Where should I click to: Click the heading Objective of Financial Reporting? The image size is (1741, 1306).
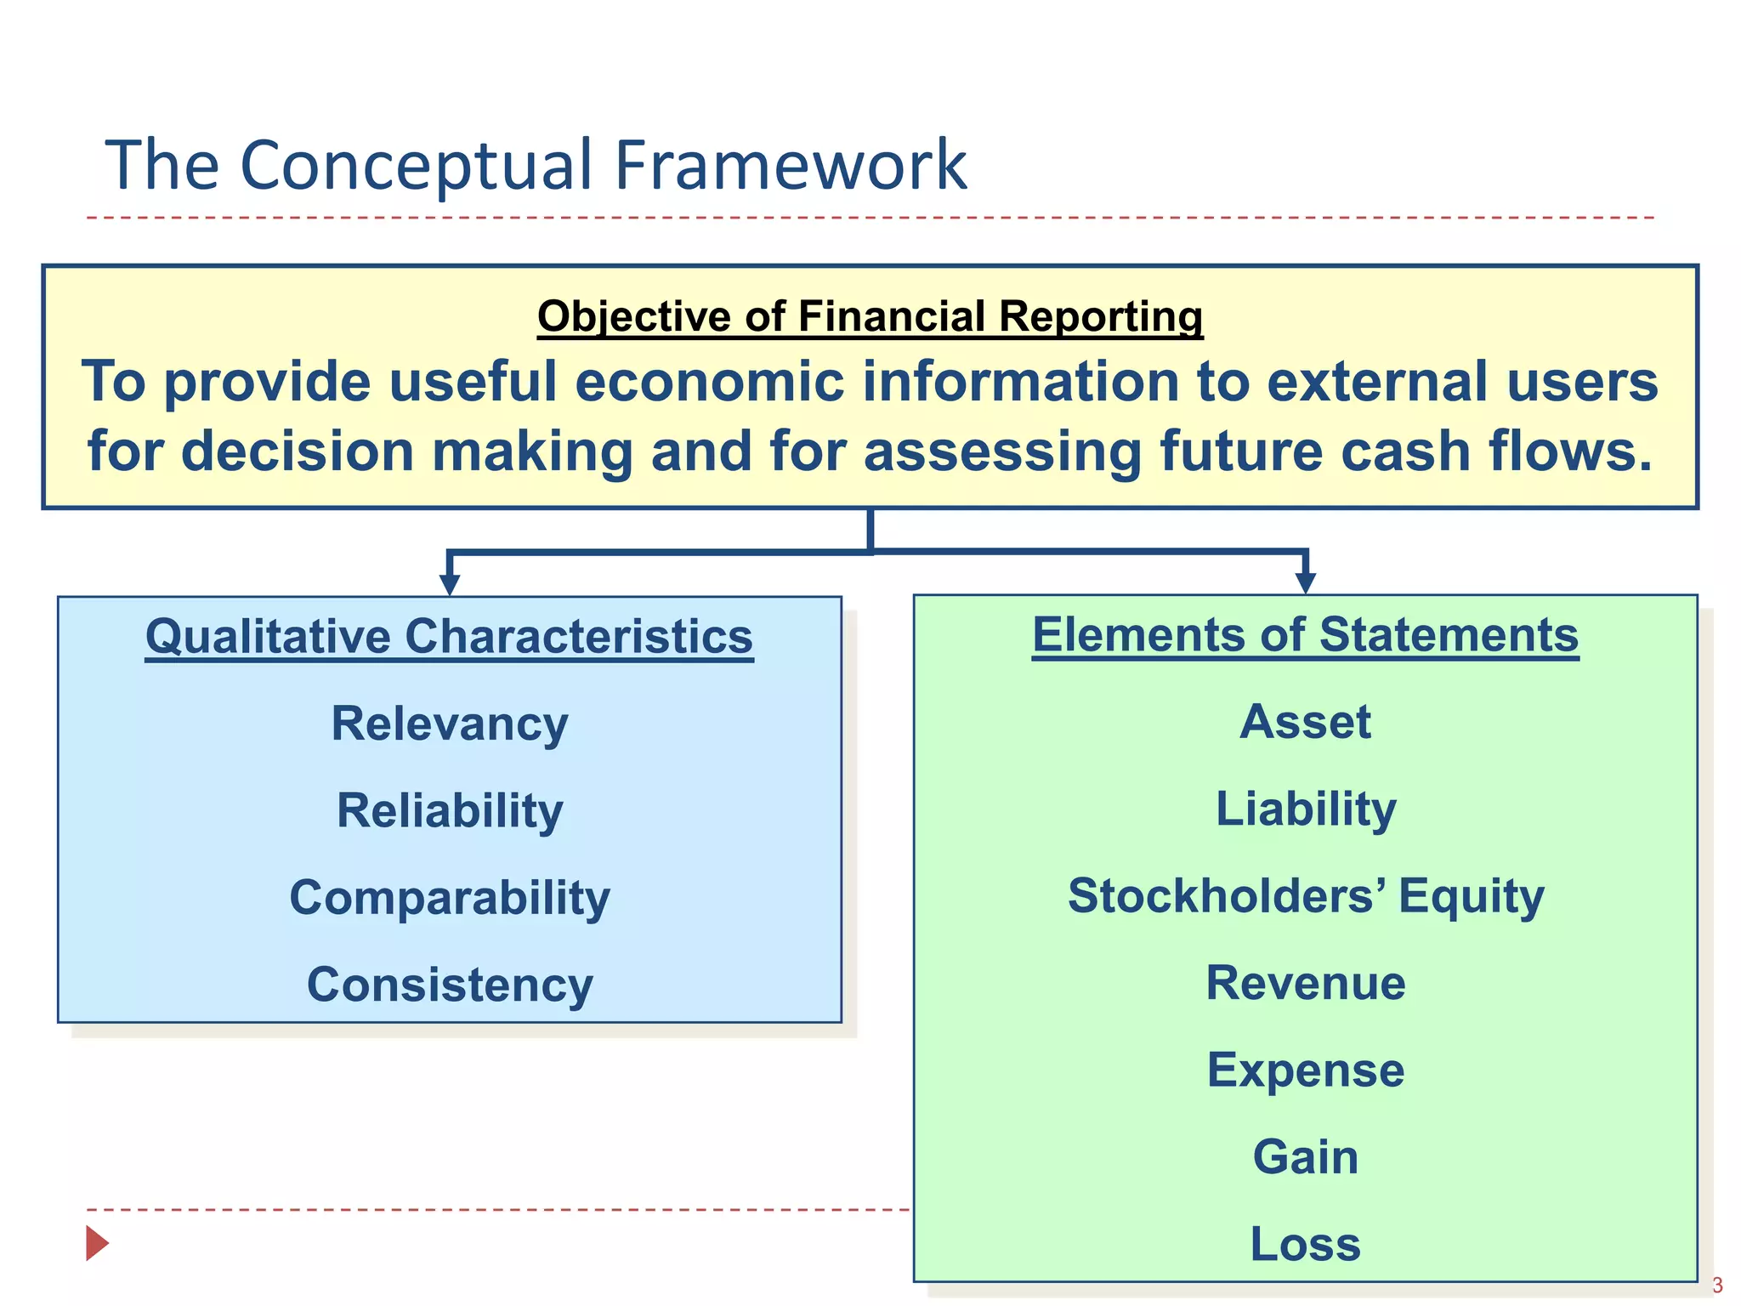pos(870,316)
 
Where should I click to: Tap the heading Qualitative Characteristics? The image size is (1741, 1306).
pos(449,636)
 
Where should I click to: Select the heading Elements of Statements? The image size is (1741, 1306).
pos(1305,634)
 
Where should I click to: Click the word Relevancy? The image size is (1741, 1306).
pos(449,724)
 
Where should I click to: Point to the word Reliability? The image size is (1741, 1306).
pos(449,810)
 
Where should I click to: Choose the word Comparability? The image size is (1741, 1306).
pos(449,898)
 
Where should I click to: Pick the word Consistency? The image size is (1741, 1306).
pos(449,985)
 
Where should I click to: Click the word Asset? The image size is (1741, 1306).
pos(1305,722)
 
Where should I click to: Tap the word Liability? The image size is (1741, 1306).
pos(1305,809)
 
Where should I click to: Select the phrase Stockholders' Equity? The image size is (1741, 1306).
pos(1305,896)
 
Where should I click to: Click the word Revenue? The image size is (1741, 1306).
pos(1305,983)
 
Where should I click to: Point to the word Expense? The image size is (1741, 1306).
pos(1305,1070)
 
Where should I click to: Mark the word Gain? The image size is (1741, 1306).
pos(1305,1157)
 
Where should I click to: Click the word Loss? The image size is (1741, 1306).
pos(1305,1244)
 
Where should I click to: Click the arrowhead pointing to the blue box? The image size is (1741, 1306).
pos(450,584)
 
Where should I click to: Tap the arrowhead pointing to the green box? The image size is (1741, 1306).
pos(1306,582)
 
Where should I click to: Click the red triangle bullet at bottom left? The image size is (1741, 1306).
pos(96,1243)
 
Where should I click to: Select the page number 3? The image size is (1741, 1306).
pos(1717,1285)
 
